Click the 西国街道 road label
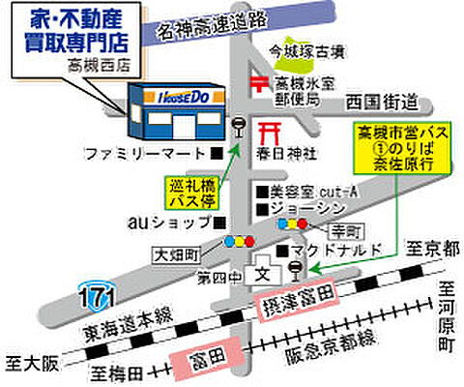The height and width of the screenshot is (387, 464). click(x=383, y=101)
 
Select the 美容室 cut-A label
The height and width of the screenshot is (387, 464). click(x=306, y=190)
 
